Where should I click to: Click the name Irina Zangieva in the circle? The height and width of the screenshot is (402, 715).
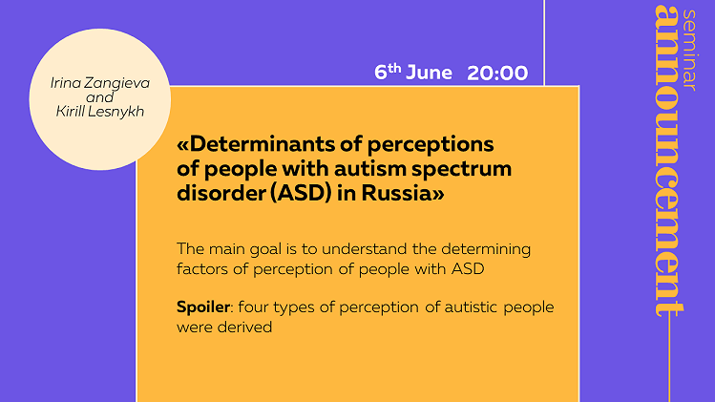[x=100, y=83]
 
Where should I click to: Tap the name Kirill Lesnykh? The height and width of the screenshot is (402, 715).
[x=100, y=112]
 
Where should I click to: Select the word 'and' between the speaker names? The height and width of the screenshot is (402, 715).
[x=100, y=97]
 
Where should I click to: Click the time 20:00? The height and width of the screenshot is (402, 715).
[x=497, y=73]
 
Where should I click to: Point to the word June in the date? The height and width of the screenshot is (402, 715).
[x=429, y=73]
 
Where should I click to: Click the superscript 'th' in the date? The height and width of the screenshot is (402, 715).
[x=394, y=69]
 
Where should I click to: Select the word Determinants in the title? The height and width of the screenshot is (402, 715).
[x=263, y=144]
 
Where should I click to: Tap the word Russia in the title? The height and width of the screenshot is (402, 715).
[x=396, y=193]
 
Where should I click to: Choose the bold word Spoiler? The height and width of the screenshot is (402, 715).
[x=203, y=307]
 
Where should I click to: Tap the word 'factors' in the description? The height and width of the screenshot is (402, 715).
[x=202, y=269]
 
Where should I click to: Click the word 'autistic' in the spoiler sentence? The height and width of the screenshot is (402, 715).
[x=471, y=307]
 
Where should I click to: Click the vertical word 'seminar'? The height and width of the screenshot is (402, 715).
[x=690, y=51]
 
